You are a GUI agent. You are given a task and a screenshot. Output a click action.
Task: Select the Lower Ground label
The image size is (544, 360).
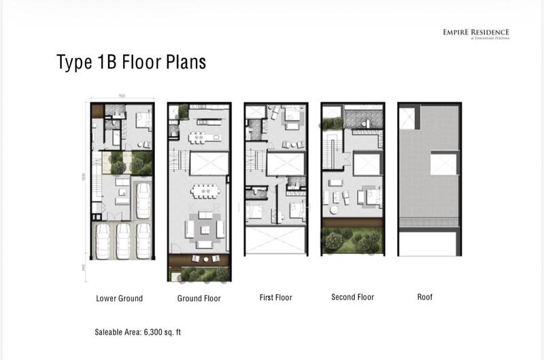pos(119,298)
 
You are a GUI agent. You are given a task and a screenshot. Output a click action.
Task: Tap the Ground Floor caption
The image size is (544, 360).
pos(199,298)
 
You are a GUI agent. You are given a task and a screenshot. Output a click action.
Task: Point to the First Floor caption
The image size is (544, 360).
pos(276,297)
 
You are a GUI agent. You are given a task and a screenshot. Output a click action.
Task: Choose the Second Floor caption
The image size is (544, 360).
pos(352,297)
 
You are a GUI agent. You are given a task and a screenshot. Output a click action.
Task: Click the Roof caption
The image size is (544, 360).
pos(424,297)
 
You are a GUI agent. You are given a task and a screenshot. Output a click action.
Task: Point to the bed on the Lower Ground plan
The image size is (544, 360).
pos(143,121)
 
